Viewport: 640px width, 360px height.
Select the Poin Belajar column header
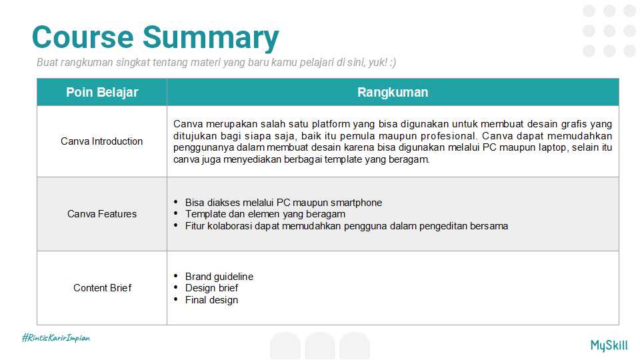click(102, 92)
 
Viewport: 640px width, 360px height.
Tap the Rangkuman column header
click(393, 92)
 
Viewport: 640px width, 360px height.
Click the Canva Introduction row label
click(101, 141)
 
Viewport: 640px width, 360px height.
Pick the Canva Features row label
click(101, 214)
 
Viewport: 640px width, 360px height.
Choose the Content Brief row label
click(102, 288)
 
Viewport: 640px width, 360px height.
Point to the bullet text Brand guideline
click(219, 277)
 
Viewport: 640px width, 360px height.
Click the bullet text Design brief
click(211, 288)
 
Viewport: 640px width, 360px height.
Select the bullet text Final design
click(211, 300)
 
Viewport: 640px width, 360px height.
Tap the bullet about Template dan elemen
click(265, 214)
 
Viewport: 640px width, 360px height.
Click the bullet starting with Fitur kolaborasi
click(346, 226)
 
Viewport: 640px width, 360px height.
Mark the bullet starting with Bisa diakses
click(283, 203)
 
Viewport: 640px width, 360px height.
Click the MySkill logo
click(609, 345)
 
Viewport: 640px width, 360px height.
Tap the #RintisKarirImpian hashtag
click(56, 338)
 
